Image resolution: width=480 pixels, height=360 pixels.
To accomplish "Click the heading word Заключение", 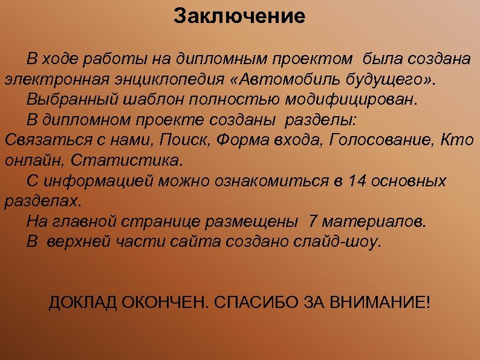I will (x=239, y=16).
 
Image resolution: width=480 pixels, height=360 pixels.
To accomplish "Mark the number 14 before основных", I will (x=357, y=181).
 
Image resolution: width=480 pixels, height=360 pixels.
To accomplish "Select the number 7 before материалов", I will (x=312, y=221).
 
